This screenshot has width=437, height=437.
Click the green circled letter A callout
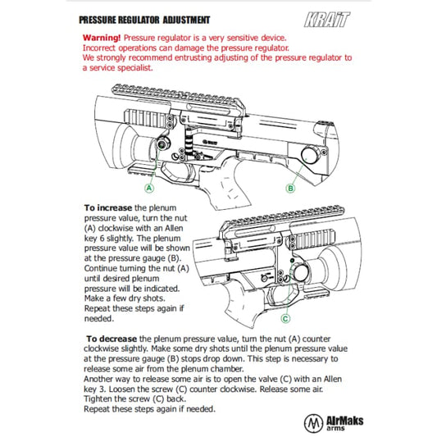click(x=149, y=188)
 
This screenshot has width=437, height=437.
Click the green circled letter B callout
click(x=290, y=189)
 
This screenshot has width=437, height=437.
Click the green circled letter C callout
click(x=285, y=319)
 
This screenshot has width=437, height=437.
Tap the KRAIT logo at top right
click(x=326, y=20)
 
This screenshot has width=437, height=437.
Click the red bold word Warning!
click(x=102, y=38)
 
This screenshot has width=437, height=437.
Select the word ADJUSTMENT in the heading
click(x=186, y=20)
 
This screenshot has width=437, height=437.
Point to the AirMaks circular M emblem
click(x=313, y=422)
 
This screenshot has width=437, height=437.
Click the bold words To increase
click(x=108, y=208)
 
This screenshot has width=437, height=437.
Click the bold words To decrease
click(x=112, y=339)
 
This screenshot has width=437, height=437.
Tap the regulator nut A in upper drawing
click(x=162, y=144)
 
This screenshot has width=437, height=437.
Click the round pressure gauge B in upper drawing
click(x=311, y=154)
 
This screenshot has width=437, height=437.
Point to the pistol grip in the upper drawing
click(x=226, y=184)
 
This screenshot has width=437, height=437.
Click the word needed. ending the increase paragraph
click(x=99, y=319)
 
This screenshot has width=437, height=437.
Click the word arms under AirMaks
click(x=335, y=428)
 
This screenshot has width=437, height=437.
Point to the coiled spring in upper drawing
click(x=189, y=143)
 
